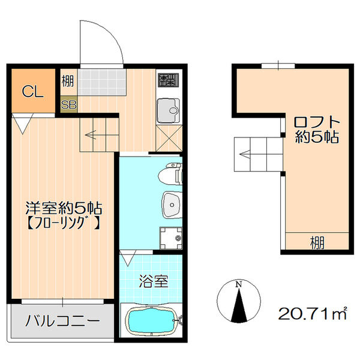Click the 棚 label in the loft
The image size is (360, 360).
pos(316,242)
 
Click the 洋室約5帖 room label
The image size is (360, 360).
pos(62,209)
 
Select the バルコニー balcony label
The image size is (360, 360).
pos(62,321)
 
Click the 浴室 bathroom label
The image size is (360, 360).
pos(150,280)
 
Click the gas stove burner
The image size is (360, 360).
pos(166,79)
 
